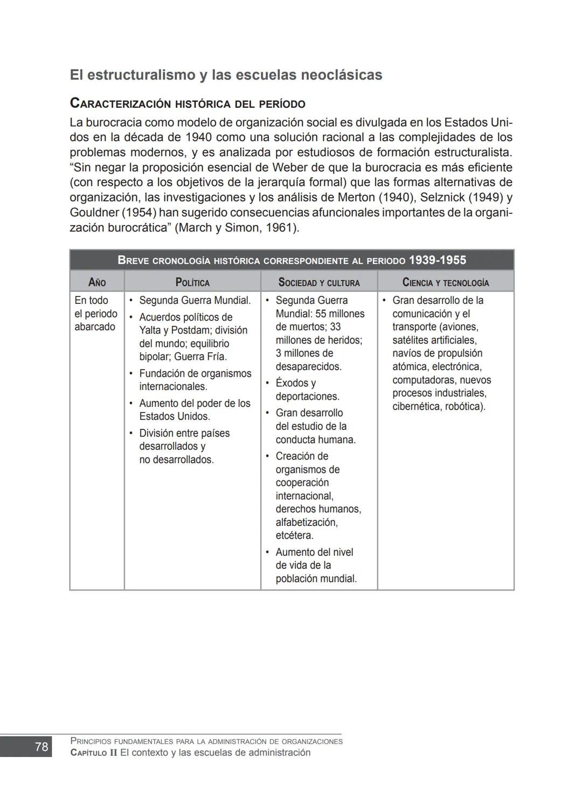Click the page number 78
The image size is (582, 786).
tap(41, 747)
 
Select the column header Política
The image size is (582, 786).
tap(192, 282)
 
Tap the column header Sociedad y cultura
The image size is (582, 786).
tap(319, 282)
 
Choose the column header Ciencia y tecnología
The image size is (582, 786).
tap(446, 282)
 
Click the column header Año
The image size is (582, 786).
tap(97, 282)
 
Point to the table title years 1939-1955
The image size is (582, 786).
tap(437, 260)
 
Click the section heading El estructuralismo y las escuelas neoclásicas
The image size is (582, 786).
tap(226, 75)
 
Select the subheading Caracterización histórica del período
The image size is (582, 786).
tap(188, 103)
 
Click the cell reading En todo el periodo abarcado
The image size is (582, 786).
tap(96, 314)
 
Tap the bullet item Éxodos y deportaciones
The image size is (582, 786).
tap(307, 389)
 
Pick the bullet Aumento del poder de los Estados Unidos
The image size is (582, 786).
tap(195, 409)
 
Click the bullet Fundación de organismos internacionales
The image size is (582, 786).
tap(195, 380)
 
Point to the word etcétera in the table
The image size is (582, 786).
tap(294, 535)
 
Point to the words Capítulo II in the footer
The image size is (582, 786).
tap(94, 753)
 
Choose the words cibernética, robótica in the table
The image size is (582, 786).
tap(439, 406)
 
